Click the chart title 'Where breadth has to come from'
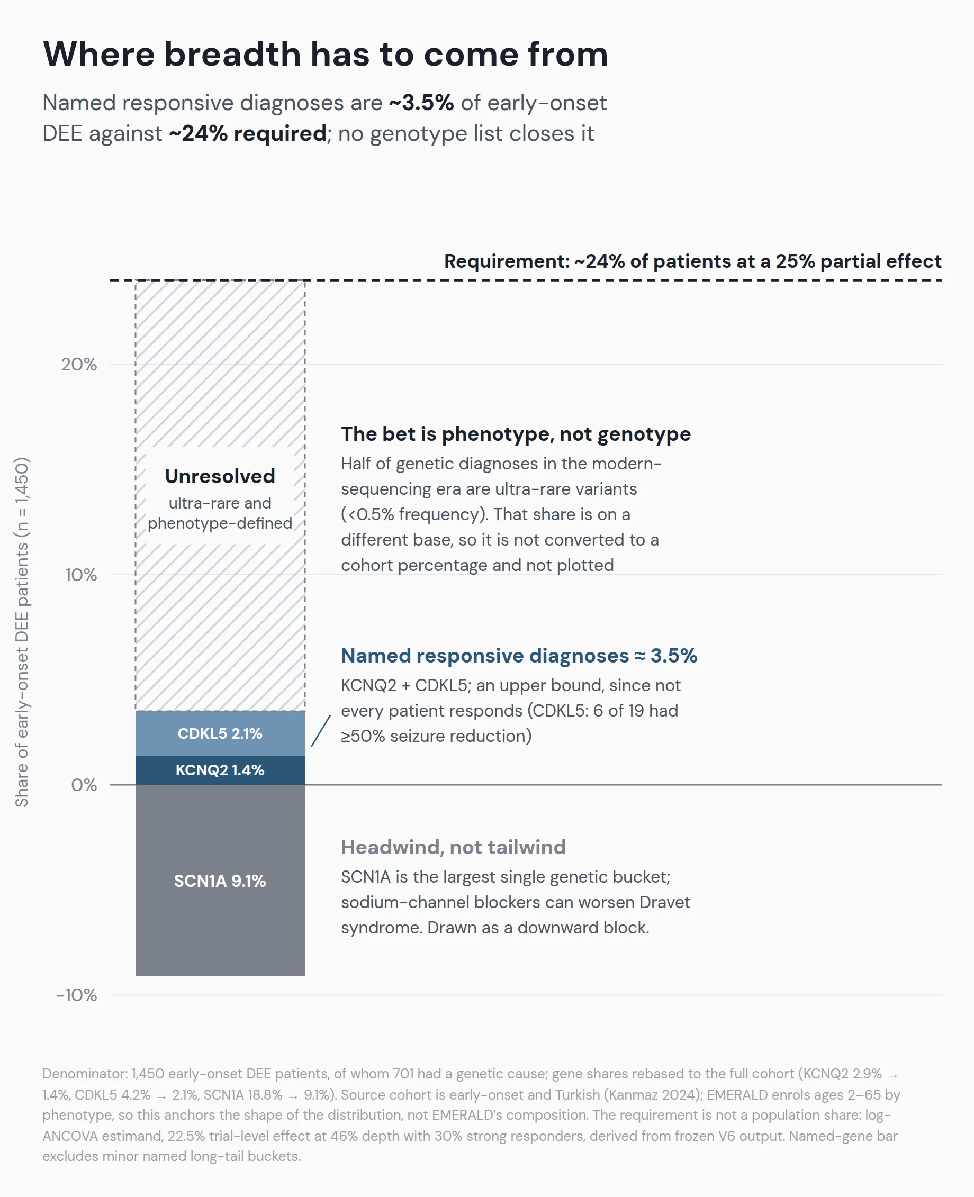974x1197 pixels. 326,55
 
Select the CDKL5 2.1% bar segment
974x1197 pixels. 220,733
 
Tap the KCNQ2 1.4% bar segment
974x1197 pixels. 220,770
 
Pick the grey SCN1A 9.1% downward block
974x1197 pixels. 220,880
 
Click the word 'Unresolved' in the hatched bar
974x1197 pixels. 220,476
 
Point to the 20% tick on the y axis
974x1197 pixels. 79,365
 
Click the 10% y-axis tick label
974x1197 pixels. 81,575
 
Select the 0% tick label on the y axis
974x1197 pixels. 84,785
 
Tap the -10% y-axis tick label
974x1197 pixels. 77,995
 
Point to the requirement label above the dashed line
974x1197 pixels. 693,261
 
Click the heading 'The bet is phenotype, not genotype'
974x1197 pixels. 516,434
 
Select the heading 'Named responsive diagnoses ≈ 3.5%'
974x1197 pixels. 519,656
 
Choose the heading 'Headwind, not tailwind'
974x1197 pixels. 453,847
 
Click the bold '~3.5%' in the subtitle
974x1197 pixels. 421,103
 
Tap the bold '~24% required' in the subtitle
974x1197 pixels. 247,133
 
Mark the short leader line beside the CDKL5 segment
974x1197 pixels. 320,731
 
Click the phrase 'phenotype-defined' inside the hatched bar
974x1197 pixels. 220,523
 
